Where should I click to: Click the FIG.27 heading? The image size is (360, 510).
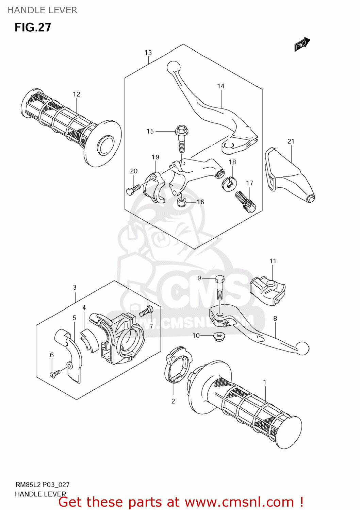point(33,28)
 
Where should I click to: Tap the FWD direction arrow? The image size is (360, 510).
point(302,44)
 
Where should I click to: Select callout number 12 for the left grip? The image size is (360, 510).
point(77,94)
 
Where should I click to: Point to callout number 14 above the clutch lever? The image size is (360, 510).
point(221,86)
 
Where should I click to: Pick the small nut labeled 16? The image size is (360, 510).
point(181,203)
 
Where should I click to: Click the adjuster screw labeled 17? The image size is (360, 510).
point(245,202)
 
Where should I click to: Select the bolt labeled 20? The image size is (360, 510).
point(133,189)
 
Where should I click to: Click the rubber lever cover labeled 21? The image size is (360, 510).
point(289,177)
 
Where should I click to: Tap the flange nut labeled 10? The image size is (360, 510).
point(218,337)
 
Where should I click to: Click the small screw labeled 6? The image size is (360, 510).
point(55,374)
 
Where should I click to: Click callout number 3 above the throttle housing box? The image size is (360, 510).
point(75,288)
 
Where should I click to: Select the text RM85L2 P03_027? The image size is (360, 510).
point(42,485)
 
